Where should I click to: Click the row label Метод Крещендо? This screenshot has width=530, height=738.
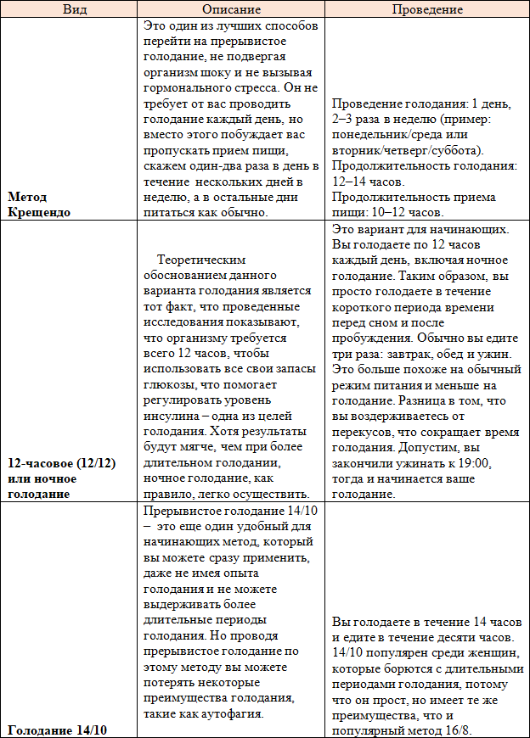[x=38, y=204]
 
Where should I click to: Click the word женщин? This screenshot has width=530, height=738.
[x=469, y=652]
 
